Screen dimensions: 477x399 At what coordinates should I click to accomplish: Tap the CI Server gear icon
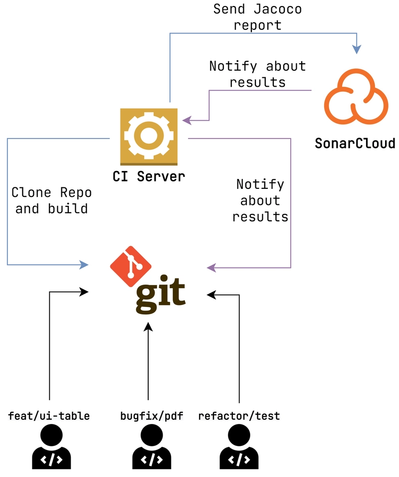click(x=149, y=136)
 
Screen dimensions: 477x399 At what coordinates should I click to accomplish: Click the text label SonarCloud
click(x=355, y=144)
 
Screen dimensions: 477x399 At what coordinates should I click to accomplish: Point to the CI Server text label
click(x=149, y=176)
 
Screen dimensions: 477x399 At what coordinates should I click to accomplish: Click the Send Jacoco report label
click(x=257, y=16)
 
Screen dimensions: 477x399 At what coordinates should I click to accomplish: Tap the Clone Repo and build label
click(x=51, y=200)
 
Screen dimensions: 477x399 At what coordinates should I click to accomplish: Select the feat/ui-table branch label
click(x=49, y=416)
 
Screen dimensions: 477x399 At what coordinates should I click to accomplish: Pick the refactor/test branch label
click(x=239, y=416)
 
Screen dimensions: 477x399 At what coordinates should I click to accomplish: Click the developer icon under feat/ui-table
click(x=51, y=448)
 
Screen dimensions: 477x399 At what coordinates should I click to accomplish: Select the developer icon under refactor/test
click(x=239, y=448)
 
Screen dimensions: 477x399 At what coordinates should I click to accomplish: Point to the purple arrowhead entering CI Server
click(x=187, y=120)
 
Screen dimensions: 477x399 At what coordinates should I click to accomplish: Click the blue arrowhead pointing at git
click(x=84, y=264)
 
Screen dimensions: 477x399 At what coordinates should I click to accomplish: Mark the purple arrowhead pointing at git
click(x=211, y=268)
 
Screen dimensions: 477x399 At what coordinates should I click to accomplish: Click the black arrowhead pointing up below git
click(x=148, y=327)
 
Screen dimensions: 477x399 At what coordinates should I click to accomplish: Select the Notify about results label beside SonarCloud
click(x=257, y=74)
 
